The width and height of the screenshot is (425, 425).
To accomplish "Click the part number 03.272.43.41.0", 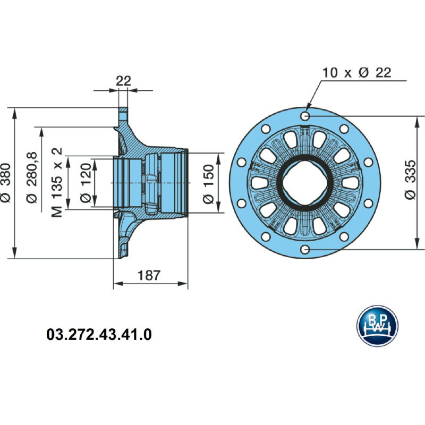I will click(x=99, y=335).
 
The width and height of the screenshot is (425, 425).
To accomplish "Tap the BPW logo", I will click(x=377, y=326).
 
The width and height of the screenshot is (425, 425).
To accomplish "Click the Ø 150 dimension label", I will click(x=208, y=183).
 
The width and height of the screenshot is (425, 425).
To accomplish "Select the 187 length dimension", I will click(x=149, y=275).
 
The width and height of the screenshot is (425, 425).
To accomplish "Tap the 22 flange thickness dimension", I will click(x=123, y=81).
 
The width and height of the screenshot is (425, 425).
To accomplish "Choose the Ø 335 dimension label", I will click(x=410, y=183).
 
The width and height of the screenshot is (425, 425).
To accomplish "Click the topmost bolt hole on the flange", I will click(x=305, y=116).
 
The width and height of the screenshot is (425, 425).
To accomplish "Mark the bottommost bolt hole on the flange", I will click(x=305, y=249).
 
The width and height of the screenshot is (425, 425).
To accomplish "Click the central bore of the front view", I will click(x=305, y=182).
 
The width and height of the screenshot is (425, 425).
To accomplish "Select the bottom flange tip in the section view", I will click(x=122, y=254).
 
